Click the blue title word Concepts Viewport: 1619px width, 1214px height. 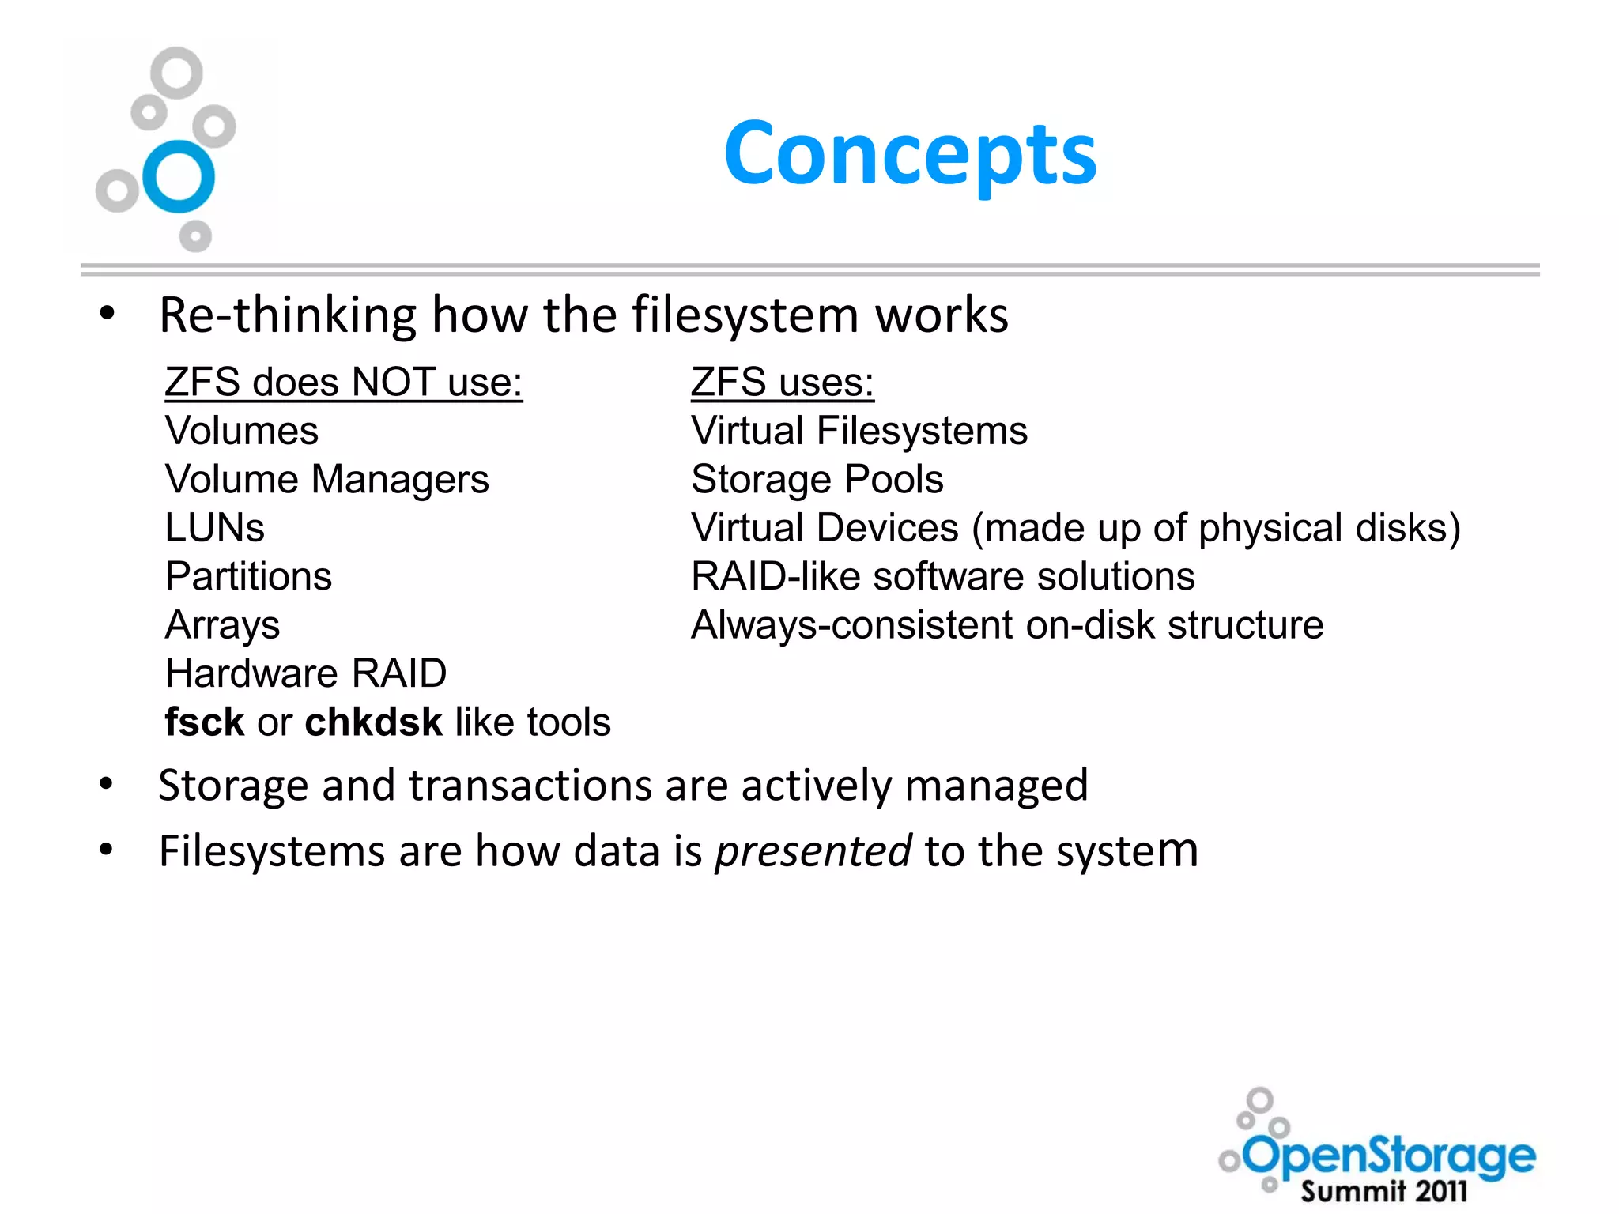click(910, 154)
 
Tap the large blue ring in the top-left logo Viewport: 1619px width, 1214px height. click(179, 176)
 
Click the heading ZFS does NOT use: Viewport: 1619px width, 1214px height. click(343, 383)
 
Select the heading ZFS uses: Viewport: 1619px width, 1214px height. click(782, 383)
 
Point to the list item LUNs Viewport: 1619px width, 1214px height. click(214, 528)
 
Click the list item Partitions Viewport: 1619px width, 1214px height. click(248, 576)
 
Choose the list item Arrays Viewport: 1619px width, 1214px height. click(222, 625)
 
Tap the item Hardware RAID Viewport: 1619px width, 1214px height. click(306, 673)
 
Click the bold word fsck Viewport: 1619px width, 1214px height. click(204, 722)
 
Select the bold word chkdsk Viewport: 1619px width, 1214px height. click(373, 722)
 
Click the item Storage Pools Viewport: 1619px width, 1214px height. click(817, 480)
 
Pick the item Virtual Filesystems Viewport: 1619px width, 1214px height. click(859, 431)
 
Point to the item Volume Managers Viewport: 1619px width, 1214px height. click(326, 480)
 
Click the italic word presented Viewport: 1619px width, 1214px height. click(813, 852)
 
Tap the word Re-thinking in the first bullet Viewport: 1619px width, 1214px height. click(288, 315)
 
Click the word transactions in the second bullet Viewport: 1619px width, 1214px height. click(529, 786)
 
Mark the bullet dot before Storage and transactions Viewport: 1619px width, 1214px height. click(107, 784)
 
